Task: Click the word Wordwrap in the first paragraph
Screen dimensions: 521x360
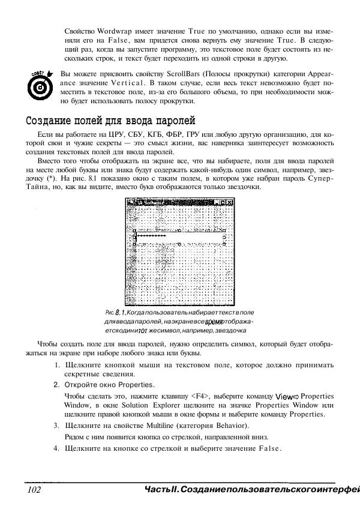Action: pyautogui.click(x=110, y=31)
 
